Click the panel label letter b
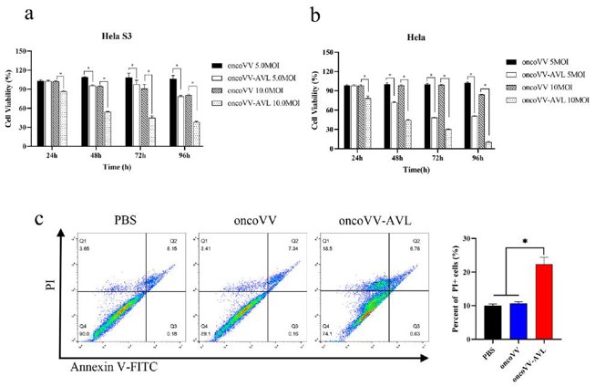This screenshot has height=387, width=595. click(313, 13)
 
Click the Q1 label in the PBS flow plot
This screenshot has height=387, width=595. click(84, 240)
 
